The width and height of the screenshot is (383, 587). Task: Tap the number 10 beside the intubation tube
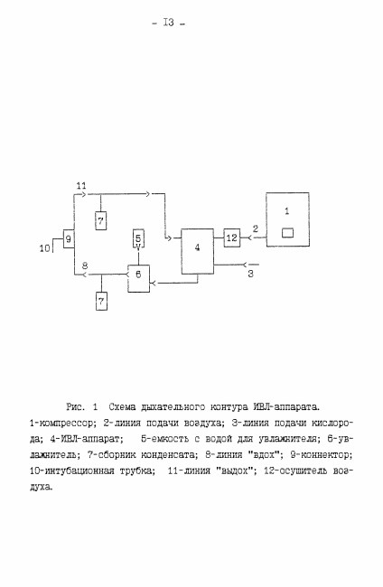pyautogui.click(x=45, y=247)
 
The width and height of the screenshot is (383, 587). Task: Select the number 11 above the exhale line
pyautogui.click(x=81, y=185)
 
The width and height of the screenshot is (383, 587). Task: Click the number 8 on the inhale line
pyautogui.click(x=85, y=266)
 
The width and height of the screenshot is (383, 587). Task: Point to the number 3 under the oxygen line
pyautogui.click(x=250, y=274)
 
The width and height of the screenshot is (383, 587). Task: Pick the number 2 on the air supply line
pyautogui.click(x=256, y=228)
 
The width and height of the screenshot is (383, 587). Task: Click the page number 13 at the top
pyautogui.click(x=169, y=23)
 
